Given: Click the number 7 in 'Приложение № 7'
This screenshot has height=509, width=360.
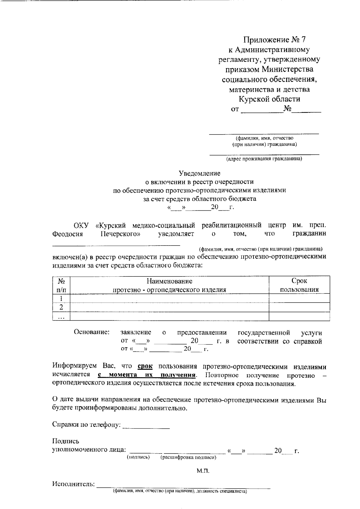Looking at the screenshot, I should click(305, 40).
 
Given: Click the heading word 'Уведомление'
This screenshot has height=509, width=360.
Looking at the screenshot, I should click(199, 173).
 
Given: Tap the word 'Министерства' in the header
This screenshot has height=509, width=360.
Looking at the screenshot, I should click(288, 69).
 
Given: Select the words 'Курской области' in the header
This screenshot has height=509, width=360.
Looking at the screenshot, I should click(269, 99).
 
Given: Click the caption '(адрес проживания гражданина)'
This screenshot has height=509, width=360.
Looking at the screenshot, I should click(264, 159).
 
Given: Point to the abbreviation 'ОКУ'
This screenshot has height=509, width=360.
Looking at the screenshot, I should click(82, 225).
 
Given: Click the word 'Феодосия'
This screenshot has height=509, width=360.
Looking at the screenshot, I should click(67, 234).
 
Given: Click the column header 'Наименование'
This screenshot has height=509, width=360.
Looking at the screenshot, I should click(169, 281).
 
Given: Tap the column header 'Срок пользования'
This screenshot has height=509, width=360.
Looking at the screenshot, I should click(299, 285).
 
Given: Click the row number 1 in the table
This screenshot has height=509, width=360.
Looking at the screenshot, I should click(61, 298).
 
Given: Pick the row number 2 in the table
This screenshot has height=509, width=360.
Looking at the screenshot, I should click(61, 307).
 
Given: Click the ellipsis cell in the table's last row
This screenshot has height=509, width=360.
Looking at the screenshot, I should click(61, 317).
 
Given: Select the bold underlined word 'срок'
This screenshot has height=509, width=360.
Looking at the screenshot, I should click(145, 366).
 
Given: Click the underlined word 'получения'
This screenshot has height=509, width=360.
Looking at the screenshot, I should click(178, 375).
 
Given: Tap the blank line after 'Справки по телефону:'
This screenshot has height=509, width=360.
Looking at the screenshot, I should click(146, 426).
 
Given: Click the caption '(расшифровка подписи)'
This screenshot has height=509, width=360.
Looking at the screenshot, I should click(188, 457).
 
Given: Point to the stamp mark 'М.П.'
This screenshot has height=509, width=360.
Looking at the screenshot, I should click(203, 471).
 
